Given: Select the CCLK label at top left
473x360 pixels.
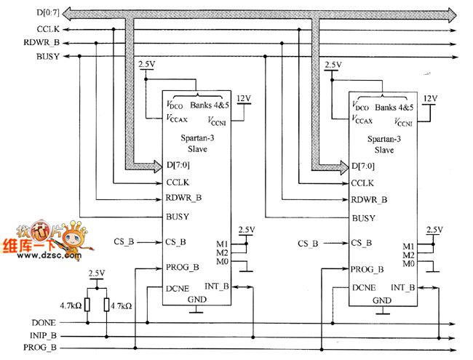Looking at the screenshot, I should [49, 29].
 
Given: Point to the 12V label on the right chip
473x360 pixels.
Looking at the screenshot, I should [429, 97].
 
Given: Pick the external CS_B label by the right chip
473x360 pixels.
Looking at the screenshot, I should [308, 243].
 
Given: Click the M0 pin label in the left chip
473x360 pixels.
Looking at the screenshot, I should [223, 261].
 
